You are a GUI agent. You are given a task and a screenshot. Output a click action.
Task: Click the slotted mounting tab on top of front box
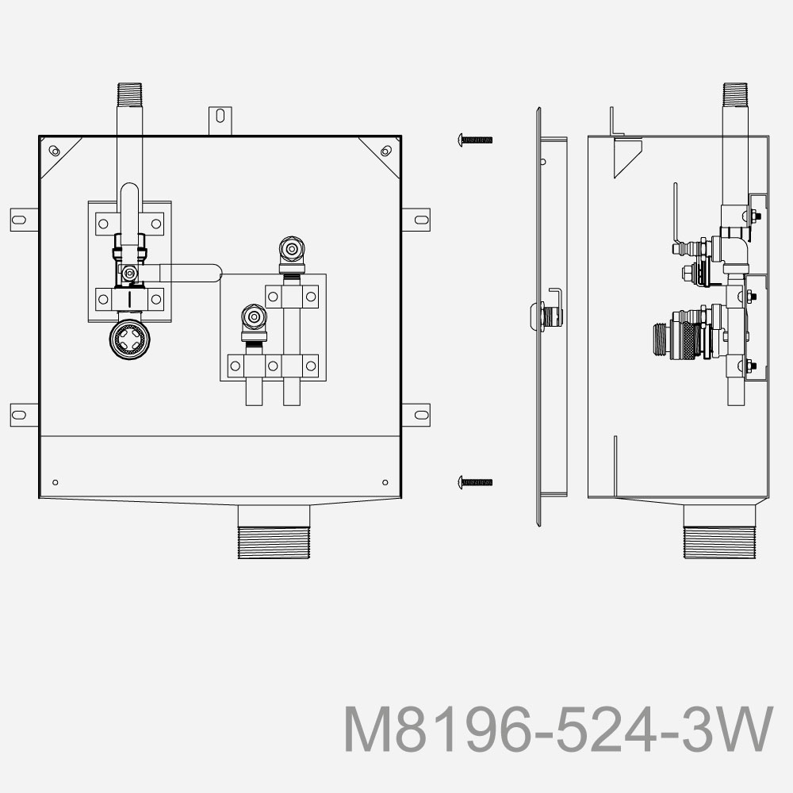[220, 118]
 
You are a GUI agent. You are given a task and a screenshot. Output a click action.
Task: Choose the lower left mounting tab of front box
[22, 413]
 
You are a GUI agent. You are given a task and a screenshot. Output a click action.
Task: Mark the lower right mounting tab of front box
[418, 413]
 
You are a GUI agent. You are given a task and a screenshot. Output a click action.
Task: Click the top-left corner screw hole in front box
[53, 151]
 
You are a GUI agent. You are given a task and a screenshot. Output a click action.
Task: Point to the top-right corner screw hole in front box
[385, 151]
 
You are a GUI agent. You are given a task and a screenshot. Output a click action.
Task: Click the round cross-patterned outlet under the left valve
[129, 341]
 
